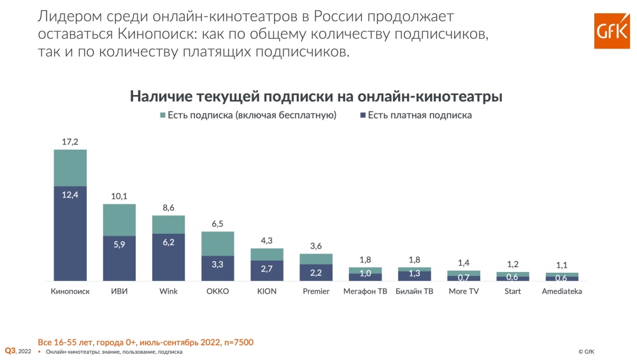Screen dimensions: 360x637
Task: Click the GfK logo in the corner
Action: pyautogui.click(x=612, y=31)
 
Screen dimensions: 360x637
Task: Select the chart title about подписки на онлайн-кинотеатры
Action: pyautogui.click(x=317, y=96)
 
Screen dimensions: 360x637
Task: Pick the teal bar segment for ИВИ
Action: pyautogui.click(x=119, y=219)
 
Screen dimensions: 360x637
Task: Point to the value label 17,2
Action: pyautogui.click(x=70, y=142)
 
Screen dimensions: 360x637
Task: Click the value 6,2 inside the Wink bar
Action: pyautogui.click(x=168, y=243)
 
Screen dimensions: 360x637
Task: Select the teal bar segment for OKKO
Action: pyautogui.click(x=217, y=243)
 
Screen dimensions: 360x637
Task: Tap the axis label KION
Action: pyautogui.click(x=266, y=291)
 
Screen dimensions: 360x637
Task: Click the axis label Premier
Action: pyautogui.click(x=315, y=291)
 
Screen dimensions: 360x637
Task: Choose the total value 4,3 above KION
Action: pyautogui.click(x=266, y=241)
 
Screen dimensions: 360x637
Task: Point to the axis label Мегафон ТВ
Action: pyautogui.click(x=364, y=291)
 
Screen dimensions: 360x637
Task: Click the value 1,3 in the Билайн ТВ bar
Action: pyautogui.click(x=414, y=275)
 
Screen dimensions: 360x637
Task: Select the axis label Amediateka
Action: pyautogui.click(x=561, y=291)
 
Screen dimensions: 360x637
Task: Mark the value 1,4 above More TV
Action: pyautogui.click(x=463, y=263)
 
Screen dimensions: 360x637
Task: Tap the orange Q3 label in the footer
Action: pyautogui.click(x=10, y=350)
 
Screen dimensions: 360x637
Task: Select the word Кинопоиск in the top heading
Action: pyautogui.click(x=150, y=32)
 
